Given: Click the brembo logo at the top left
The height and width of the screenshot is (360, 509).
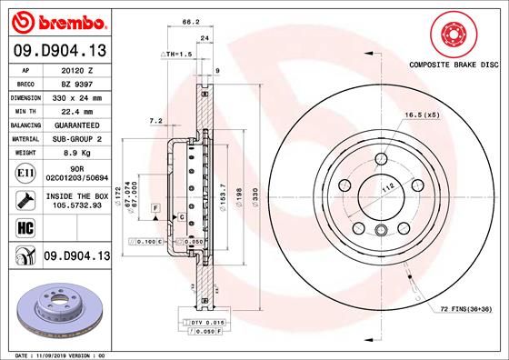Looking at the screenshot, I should click(56, 20).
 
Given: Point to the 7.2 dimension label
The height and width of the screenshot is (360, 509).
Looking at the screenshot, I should click(155, 120).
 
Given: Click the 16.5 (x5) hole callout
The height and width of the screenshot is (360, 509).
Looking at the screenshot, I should click(422, 115).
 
